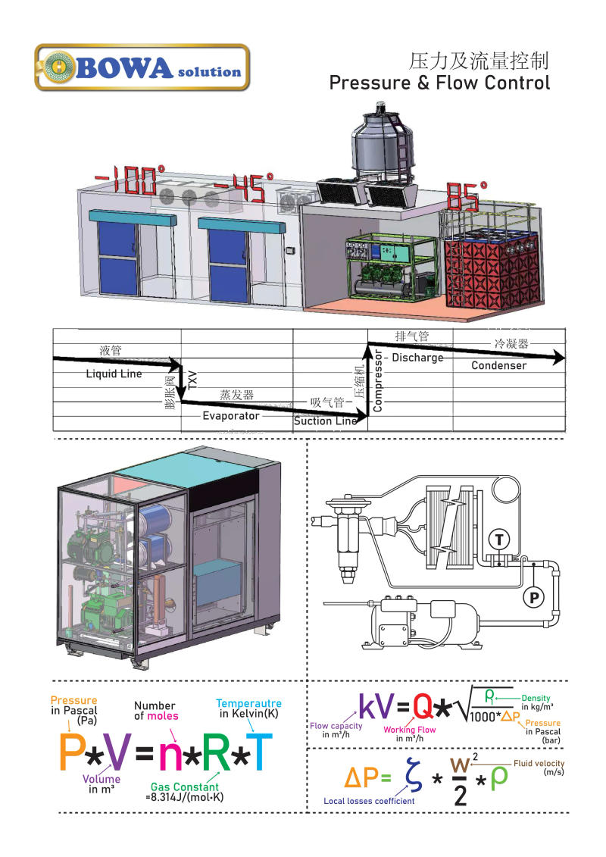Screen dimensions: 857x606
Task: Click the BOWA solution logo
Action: pos(142,67)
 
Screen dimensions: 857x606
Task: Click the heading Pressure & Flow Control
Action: pos(439,83)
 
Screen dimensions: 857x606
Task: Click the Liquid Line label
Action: pos(114,374)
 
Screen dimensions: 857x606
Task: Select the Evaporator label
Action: pos(231,415)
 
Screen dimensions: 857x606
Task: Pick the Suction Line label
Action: pos(325,421)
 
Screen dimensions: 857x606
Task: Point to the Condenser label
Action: pos(498,365)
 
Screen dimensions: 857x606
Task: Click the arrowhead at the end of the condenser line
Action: pos(558,358)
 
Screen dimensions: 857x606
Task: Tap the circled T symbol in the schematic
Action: pos(498,539)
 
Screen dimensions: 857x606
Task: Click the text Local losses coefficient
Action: pos(369,801)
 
